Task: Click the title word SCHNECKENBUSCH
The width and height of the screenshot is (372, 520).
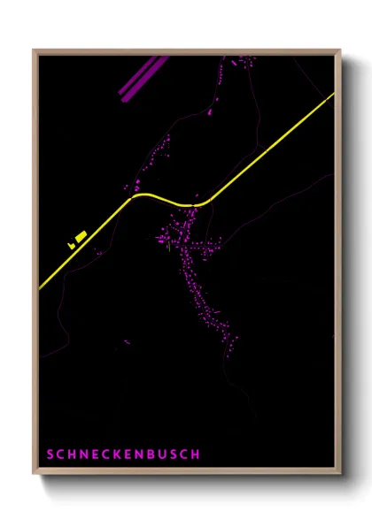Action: pos(124,455)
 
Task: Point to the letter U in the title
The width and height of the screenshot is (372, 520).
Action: pos(159,455)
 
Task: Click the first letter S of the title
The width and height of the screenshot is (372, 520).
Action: pos(51,455)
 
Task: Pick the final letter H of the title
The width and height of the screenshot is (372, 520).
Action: pos(196,455)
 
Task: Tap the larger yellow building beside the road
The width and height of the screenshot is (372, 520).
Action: pos(81,236)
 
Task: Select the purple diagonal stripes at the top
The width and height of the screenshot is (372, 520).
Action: pos(142,78)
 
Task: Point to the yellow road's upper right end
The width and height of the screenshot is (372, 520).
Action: pos(332,95)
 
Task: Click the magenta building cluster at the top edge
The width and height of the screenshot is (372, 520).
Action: pos(243,60)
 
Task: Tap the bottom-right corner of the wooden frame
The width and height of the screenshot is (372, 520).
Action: pos(339,475)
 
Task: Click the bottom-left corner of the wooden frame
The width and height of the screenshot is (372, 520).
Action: pos(35,475)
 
